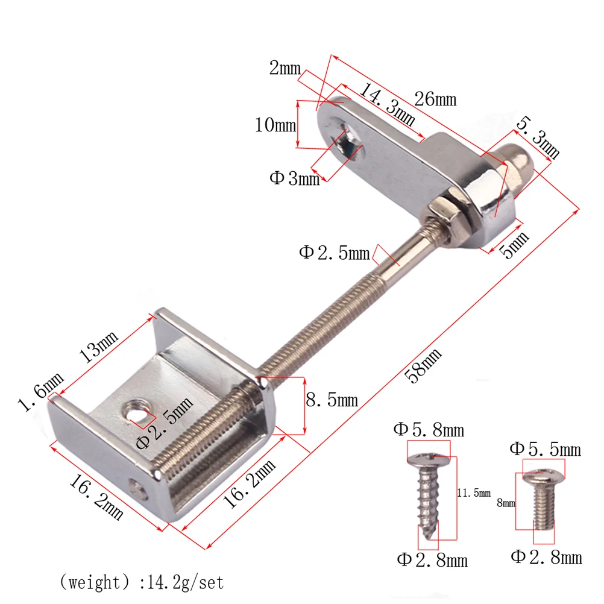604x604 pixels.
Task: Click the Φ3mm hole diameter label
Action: (294, 178)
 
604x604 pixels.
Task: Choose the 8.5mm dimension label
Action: (332, 400)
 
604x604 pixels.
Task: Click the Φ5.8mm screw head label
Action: (429, 429)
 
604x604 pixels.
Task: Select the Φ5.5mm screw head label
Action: (545, 449)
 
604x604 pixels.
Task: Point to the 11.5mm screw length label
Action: (474, 492)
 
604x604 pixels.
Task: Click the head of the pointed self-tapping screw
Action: (429, 461)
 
